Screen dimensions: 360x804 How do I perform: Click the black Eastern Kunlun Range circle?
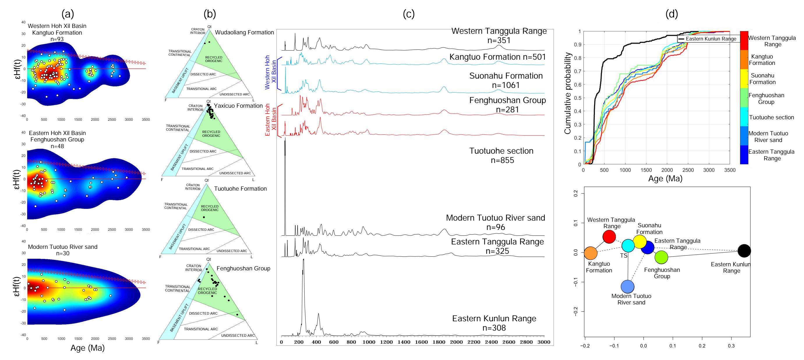(x=744, y=251)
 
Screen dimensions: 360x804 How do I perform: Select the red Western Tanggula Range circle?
(x=609, y=237)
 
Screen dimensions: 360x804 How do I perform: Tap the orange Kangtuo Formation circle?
(x=591, y=253)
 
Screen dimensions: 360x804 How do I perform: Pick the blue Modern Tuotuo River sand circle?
(x=628, y=286)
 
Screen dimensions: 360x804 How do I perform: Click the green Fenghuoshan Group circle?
(x=661, y=257)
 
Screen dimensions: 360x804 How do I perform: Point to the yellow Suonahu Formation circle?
(x=640, y=242)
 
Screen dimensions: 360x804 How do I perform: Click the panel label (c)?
(x=409, y=14)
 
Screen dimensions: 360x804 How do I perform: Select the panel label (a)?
(x=68, y=14)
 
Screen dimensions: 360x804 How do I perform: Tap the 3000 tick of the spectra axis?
(x=544, y=342)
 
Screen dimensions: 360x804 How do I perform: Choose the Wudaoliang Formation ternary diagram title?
(x=244, y=32)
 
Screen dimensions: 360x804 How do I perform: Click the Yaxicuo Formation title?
(x=238, y=106)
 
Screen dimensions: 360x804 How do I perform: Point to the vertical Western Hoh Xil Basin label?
(x=270, y=72)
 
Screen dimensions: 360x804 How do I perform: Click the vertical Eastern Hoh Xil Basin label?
(x=270, y=120)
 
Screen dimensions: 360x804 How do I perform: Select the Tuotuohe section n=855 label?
(x=501, y=155)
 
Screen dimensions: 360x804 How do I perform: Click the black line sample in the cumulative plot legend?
(x=681, y=39)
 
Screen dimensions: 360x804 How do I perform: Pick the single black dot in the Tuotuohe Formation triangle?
(x=204, y=217)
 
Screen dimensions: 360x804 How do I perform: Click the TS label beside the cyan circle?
(x=623, y=256)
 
